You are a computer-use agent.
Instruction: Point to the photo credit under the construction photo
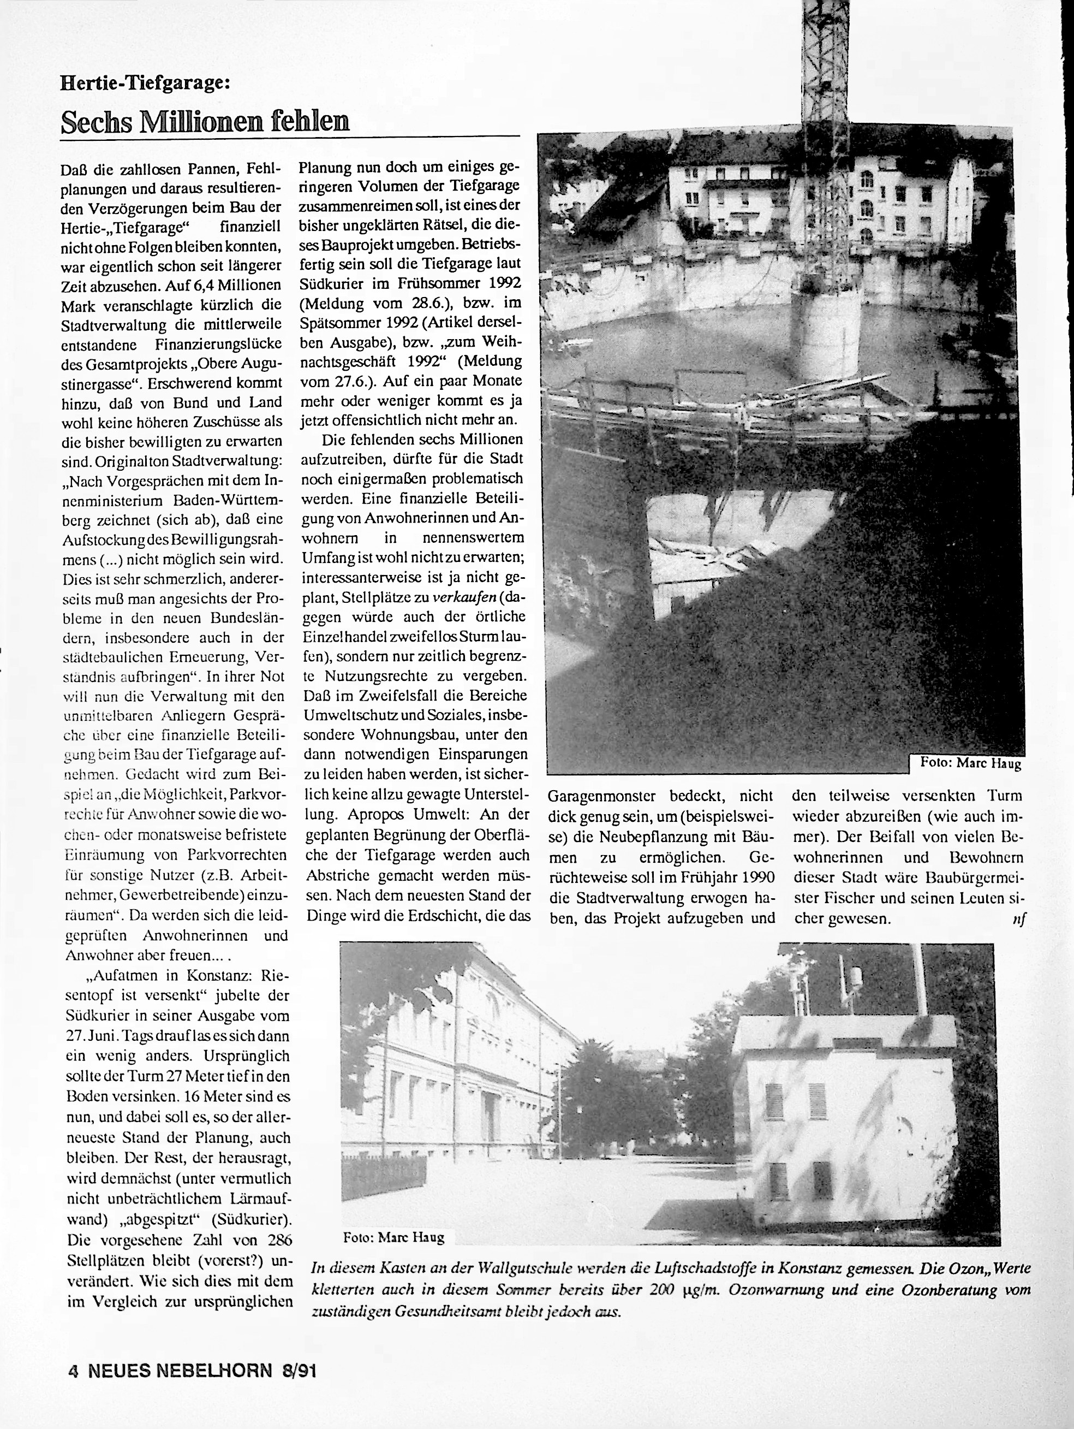coord(971,763)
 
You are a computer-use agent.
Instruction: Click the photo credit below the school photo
coord(394,1238)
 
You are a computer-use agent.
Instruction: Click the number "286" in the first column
coord(278,1240)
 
